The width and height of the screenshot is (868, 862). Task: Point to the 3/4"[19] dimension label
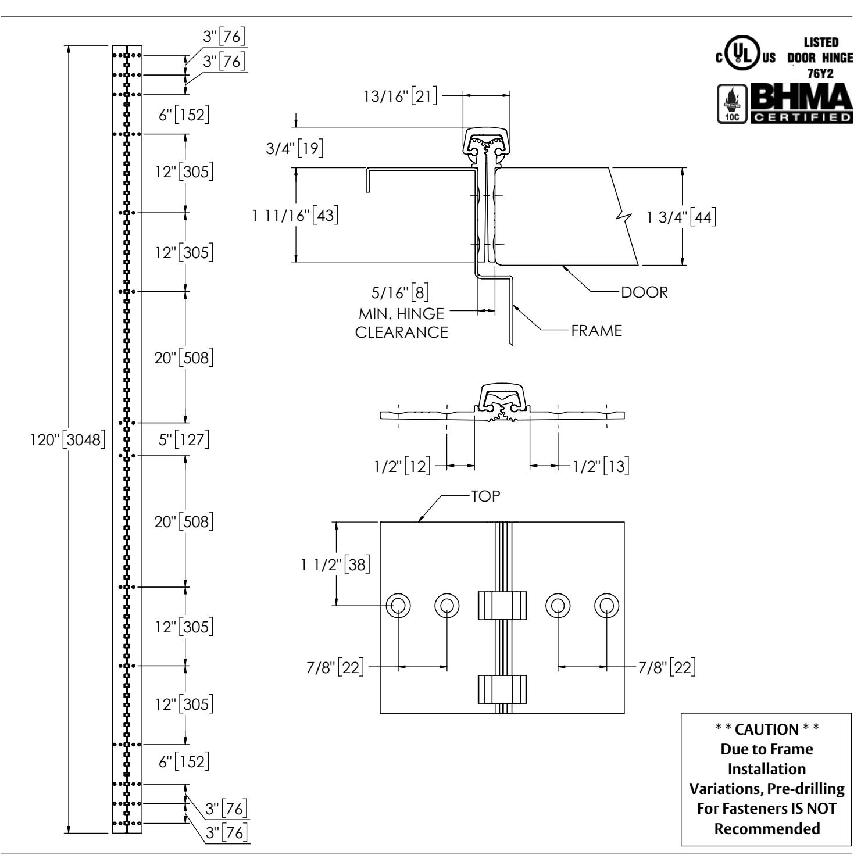pyautogui.click(x=292, y=148)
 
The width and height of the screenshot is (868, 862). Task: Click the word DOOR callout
pyautogui.click(x=644, y=292)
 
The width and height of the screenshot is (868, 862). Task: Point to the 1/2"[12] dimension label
pyautogui.click(x=403, y=466)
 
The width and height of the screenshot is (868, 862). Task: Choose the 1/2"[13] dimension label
pyautogui.click(x=602, y=466)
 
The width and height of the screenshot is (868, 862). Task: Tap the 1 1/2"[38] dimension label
pyautogui.click(x=336, y=564)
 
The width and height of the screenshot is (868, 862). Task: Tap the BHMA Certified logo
pyautogui.click(x=802, y=103)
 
